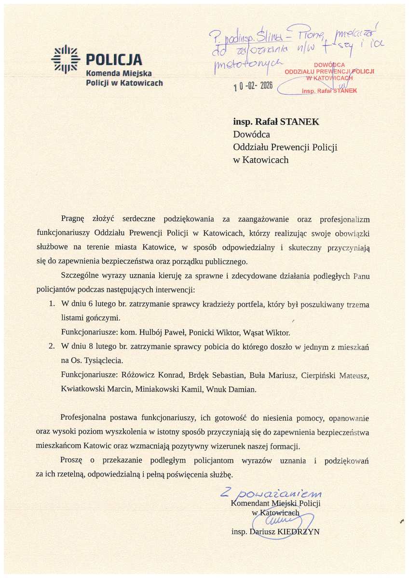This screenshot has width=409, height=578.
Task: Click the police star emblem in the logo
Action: [66, 60]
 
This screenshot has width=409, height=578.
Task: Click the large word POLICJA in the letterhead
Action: [114, 60]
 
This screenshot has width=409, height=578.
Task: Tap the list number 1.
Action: [52, 305]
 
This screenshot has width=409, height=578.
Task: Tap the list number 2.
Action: [52, 347]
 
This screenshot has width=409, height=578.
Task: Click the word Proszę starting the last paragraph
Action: [72, 460]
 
